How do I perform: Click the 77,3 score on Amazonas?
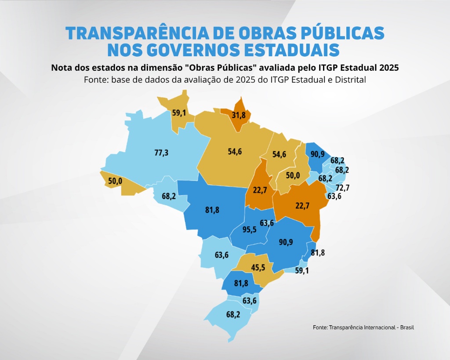tap(161, 153)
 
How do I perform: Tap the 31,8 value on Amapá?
tap(239, 116)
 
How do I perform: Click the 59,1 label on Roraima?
tap(179, 113)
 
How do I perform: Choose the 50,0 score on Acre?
tap(116, 181)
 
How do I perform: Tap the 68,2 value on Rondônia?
tap(169, 196)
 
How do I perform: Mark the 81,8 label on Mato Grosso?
tap(212, 210)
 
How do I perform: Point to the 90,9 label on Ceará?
tap(318, 154)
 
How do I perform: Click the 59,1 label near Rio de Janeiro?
tap(301, 271)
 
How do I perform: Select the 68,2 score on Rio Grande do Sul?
tap(233, 315)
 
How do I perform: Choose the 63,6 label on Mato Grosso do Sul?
tap(221, 255)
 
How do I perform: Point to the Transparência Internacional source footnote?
tap(363, 327)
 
